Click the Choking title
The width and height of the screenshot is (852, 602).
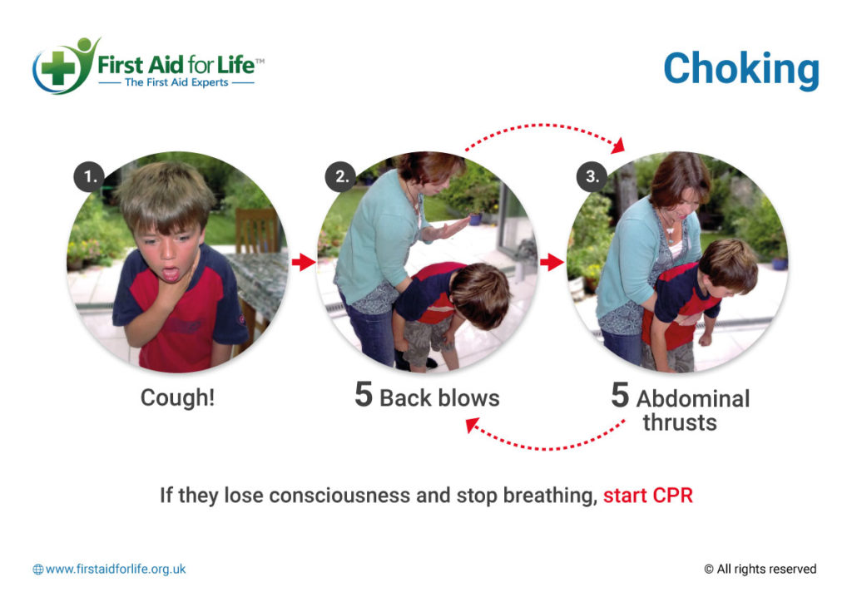[x=741, y=69]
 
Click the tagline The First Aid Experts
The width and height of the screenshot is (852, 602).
[x=176, y=82]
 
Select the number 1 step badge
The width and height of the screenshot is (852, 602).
[x=89, y=176]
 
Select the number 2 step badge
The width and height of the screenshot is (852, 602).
[x=342, y=176]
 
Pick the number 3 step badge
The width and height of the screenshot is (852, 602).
[x=592, y=176]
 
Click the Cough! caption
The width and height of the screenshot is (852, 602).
[x=177, y=397]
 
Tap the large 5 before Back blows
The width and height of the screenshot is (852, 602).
[x=363, y=396]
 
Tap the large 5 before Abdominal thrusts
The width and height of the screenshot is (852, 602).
[x=619, y=397]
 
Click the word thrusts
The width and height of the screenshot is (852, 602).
[x=679, y=422]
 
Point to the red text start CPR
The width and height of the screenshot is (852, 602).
[x=648, y=496]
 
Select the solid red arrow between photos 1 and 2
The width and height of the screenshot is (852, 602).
[x=304, y=263]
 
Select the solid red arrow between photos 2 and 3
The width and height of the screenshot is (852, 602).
[x=551, y=263]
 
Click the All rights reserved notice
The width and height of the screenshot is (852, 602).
[x=760, y=570]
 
